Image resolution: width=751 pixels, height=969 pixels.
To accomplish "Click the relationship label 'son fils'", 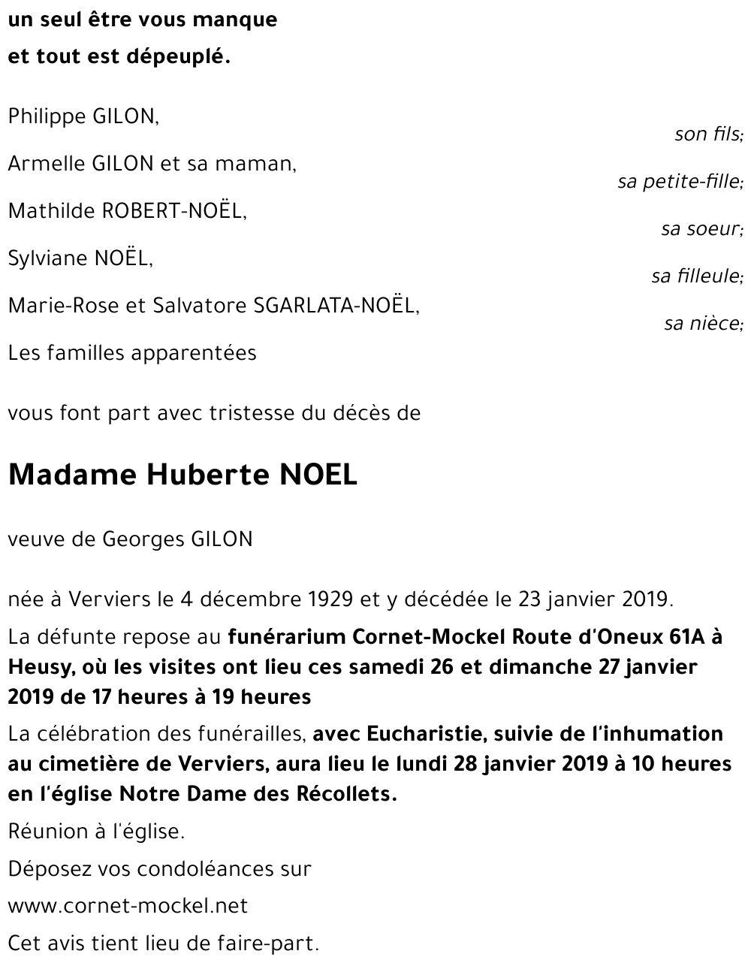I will (708, 134).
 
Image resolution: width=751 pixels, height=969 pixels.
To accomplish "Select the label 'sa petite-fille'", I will (680, 182).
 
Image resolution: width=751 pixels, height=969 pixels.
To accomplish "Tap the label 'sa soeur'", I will (701, 229).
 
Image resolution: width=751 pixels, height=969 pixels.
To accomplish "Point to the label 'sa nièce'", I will (703, 324).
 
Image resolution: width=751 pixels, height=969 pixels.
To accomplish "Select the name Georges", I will (143, 539).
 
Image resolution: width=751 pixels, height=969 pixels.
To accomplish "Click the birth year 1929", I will (330, 599).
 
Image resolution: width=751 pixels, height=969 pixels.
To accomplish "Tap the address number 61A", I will (684, 637).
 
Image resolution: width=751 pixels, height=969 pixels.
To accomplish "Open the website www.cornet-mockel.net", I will (128, 906).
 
